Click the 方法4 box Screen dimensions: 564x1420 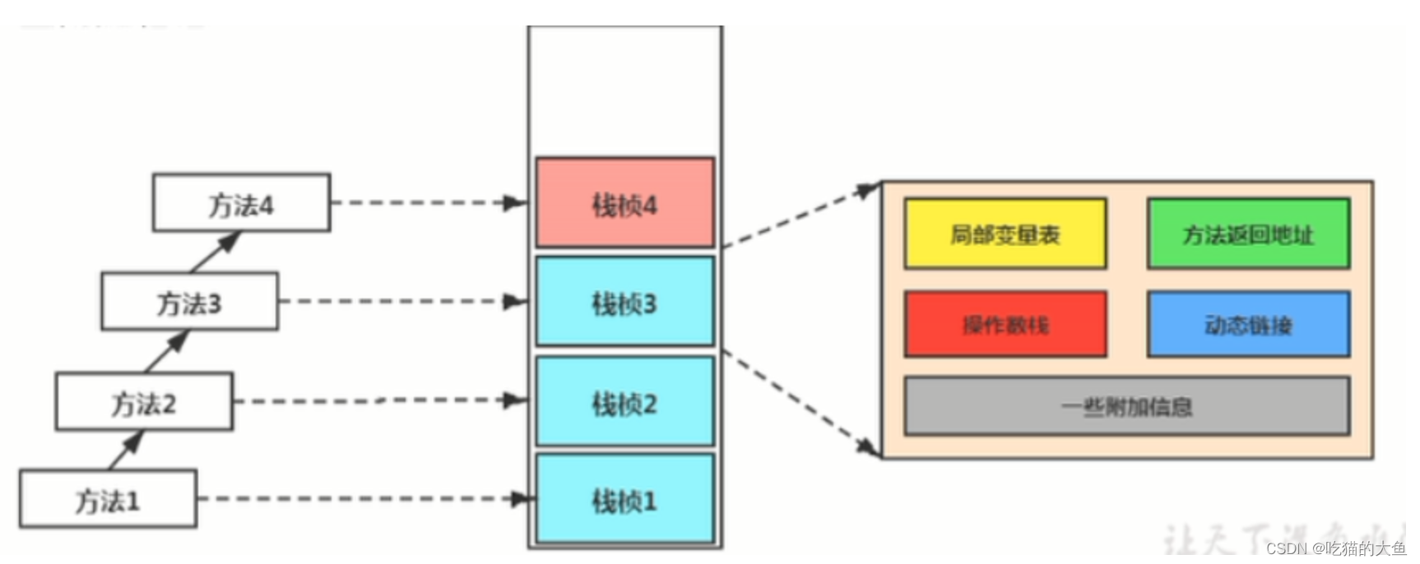click(x=241, y=203)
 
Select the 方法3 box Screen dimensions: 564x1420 click(x=189, y=302)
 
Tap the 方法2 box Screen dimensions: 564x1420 click(x=144, y=401)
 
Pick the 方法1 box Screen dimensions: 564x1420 click(x=108, y=499)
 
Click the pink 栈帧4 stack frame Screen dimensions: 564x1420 click(x=624, y=203)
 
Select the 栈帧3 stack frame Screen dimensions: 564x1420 click(x=624, y=302)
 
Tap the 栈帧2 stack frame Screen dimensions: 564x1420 click(x=624, y=402)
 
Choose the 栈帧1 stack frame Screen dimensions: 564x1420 click(x=624, y=499)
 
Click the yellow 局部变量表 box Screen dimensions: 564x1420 click(x=1005, y=234)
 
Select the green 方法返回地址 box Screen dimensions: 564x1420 click(x=1248, y=234)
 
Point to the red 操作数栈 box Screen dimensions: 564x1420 click(x=1005, y=325)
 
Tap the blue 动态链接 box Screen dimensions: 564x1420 click(x=1248, y=325)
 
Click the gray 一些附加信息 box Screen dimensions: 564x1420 click(x=1126, y=406)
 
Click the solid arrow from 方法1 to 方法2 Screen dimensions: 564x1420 click(x=126, y=451)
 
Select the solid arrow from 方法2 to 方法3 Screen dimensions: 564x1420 click(x=167, y=351)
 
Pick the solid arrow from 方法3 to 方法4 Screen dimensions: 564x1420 click(x=216, y=252)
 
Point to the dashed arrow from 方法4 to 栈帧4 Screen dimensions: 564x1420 click(x=428, y=202)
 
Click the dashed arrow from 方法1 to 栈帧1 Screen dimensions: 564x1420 click(x=362, y=498)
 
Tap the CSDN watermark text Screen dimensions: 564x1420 click(x=1335, y=548)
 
